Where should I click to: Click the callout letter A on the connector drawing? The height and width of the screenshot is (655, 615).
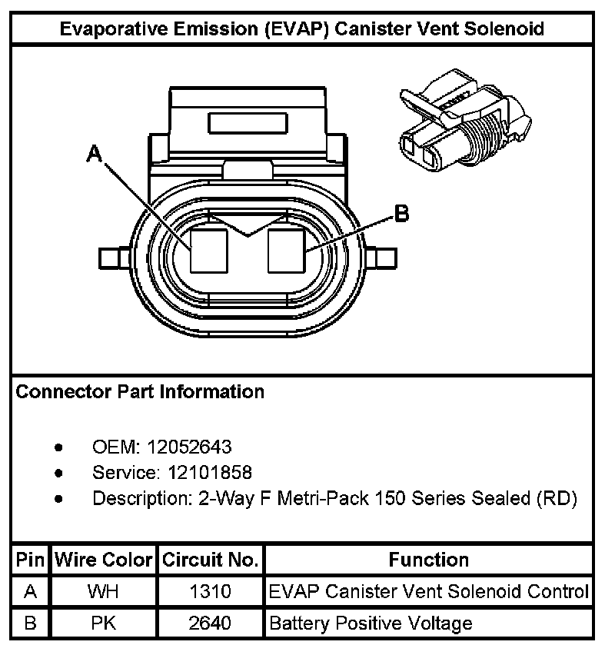pos(94,155)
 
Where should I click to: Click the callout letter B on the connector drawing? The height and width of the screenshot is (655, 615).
pos(400,214)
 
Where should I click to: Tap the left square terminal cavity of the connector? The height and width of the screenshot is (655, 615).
pos(210,251)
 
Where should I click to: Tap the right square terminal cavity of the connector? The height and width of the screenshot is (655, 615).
pos(287,251)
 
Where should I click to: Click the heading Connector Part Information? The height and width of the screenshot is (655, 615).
pos(140,392)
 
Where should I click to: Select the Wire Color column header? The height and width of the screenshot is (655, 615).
pos(103,560)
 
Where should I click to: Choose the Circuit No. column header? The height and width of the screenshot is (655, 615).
pos(210,560)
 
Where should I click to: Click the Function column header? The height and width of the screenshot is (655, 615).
pos(428,560)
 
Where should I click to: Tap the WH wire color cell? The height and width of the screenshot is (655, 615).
pos(103,592)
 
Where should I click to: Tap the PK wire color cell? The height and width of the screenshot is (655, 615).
pos(103,623)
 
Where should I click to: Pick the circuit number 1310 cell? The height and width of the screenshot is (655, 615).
pos(210,592)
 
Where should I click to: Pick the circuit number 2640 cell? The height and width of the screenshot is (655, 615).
pos(210,623)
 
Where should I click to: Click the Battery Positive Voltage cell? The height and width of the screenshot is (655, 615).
pos(371,623)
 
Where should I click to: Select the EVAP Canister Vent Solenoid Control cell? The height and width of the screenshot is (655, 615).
pos(428,592)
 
